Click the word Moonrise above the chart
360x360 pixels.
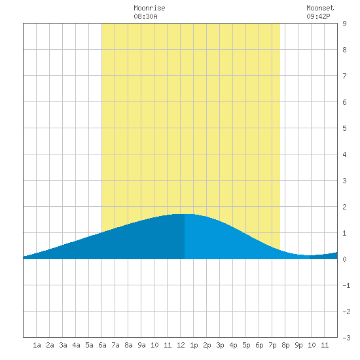coord(149,8)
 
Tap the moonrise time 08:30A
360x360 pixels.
coord(145,16)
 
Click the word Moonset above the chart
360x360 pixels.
coord(320,8)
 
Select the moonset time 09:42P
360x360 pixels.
coord(318,16)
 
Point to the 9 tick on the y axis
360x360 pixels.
coord(344,24)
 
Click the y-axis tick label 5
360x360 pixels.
coord(344,128)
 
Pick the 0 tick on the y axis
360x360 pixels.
coord(344,259)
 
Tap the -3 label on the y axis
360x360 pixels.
coord(346,338)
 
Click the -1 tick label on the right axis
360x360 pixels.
coord(346,285)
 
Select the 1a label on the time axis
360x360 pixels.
coord(37,345)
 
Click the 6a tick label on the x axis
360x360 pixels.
coord(102,345)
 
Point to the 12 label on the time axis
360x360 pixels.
coord(181,345)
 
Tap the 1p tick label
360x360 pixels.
coord(194,345)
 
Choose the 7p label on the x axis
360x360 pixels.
coord(272,345)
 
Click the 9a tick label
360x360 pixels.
coord(141,345)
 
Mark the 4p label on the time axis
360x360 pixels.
coord(233,345)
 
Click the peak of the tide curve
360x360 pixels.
coord(185,214)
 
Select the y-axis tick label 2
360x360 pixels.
coord(344,207)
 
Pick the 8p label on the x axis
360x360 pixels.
coord(285,345)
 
